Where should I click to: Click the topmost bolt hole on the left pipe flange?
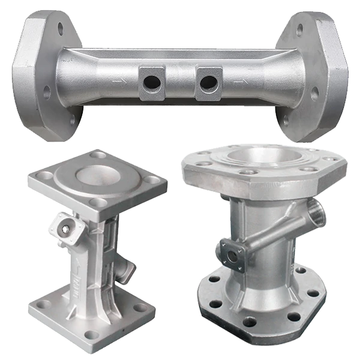pos(61,28)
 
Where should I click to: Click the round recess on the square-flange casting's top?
pos(96,175)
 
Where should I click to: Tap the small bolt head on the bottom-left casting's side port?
pos(64,224)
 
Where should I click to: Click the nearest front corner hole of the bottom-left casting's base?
pos(91,334)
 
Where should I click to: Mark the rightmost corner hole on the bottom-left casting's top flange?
pos(153,180)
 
